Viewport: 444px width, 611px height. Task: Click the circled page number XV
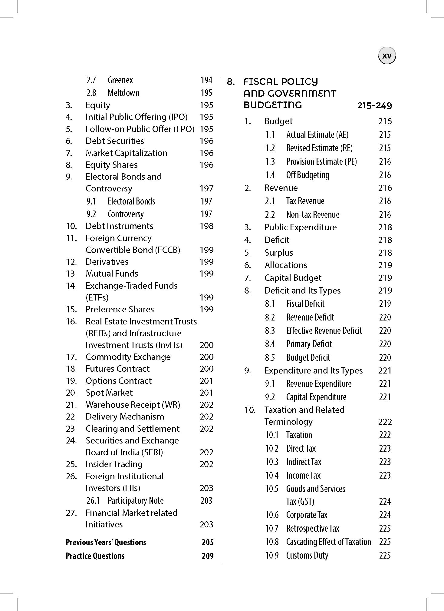[387, 56]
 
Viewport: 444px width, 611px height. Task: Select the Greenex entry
[120, 80]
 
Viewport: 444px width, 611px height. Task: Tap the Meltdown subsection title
[123, 93]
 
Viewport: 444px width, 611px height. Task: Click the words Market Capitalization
[126, 153]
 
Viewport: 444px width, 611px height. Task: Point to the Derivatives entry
[107, 262]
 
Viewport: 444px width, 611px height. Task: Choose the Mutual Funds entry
[112, 274]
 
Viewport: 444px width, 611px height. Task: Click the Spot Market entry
[109, 393]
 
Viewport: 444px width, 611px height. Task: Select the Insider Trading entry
[114, 464]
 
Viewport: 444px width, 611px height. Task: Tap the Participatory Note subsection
[135, 500]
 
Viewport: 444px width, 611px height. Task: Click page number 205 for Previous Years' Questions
[207, 542]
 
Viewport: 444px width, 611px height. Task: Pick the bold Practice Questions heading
[95, 556]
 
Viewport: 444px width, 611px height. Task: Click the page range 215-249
[374, 105]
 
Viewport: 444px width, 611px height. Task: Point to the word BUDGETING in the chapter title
[272, 105]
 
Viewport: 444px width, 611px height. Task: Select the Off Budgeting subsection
[308, 175]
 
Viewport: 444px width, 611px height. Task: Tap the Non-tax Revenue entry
[313, 214]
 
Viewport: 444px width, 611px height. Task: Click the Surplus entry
[278, 253]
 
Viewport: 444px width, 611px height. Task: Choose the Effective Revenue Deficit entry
[324, 330]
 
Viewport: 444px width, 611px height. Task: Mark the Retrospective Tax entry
[313, 528]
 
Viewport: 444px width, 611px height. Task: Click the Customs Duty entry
[307, 555]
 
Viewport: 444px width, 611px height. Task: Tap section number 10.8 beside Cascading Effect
[271, 542]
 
